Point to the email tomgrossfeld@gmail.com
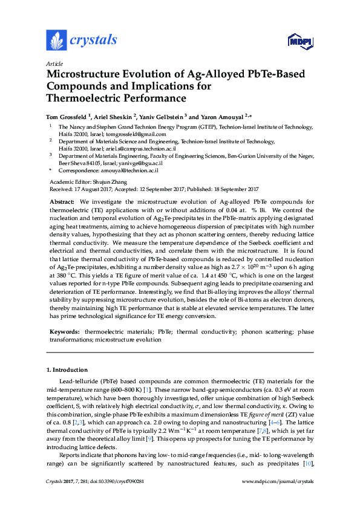point(114,134)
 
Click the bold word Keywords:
point(63,332)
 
